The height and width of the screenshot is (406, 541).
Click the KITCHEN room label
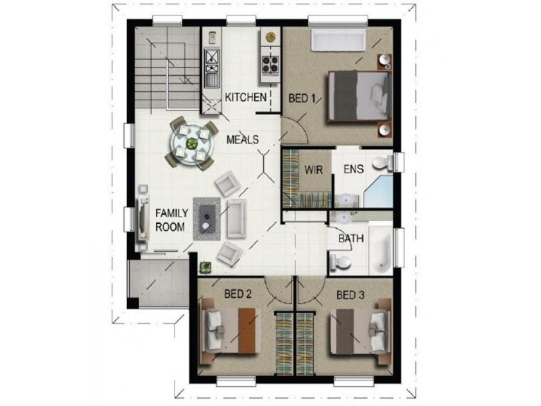[245, 97]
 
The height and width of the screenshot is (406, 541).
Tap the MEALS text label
[243, 139]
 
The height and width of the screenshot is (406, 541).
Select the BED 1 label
[302, 98]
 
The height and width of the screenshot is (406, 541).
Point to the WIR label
[314, 170]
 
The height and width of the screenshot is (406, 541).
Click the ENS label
[354, 169]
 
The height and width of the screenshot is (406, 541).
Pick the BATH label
[351, 238]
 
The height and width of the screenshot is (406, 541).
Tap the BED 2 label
[238, 294]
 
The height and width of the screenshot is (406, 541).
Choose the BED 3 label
[350, 295]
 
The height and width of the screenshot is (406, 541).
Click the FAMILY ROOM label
[172, 220]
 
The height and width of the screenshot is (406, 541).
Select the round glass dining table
[192, 143]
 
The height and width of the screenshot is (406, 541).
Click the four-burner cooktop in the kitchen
[270, 64]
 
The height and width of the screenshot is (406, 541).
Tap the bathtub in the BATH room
[381, 248]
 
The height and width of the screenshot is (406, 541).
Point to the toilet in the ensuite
[383, 162]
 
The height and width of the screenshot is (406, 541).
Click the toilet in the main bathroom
[340, 262]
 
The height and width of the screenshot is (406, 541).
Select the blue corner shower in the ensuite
[379, 191]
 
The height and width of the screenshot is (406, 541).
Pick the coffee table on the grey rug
[207, 219]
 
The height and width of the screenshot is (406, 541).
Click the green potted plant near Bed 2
[206, 267]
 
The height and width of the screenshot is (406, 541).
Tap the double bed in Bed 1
[359, 96]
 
